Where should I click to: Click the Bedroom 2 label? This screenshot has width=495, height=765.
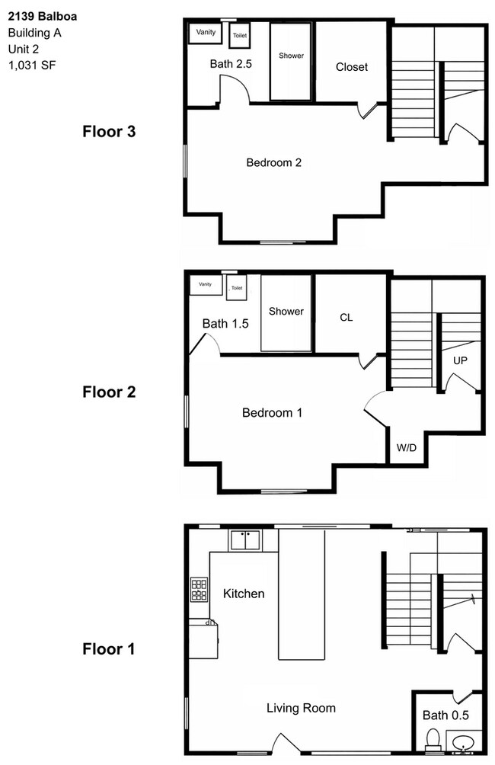click(274, 162)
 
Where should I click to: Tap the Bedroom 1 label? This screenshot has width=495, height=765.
click(272, 413)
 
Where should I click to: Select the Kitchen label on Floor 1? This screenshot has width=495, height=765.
click(244, 593)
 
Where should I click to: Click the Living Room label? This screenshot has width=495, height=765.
click(301, 708)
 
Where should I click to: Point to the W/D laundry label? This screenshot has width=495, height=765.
click(404, 449)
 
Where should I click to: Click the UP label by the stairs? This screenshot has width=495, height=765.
click(460, 360)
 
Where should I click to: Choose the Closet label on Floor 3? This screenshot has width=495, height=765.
click(352, 67)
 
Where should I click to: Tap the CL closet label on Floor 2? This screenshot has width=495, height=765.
click(346, 318)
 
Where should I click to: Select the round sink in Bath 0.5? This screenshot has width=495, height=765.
click(461, 741)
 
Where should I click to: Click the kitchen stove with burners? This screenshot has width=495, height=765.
click(199, 589)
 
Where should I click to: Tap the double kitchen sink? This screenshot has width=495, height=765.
click(244, 540)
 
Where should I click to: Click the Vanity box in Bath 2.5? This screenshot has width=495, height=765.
click(206, 33)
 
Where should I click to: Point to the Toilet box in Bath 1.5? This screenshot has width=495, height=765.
click(236, 288)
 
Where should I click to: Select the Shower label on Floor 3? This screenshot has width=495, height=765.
click(291, 56)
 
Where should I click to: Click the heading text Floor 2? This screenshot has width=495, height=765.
click(108, 392)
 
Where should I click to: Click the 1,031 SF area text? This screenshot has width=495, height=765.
click(32, 65)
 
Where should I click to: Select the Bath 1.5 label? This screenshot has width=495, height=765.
click(225, 324)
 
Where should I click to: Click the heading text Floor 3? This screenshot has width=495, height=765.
click(108, 131)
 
